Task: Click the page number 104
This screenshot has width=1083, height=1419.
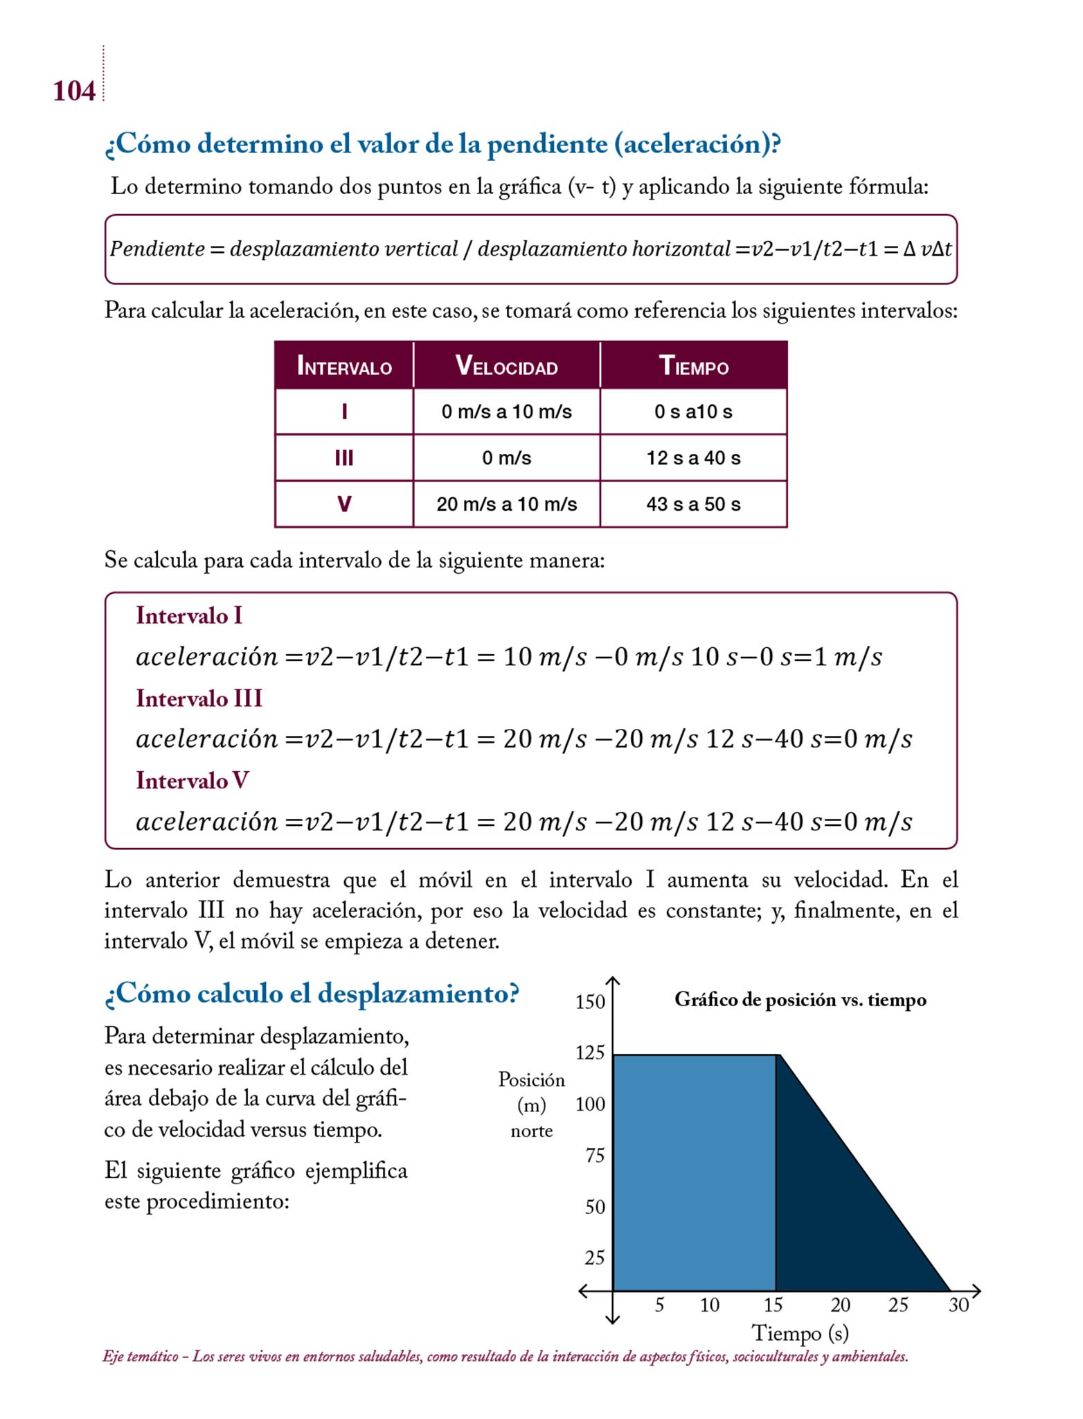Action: point(74,91)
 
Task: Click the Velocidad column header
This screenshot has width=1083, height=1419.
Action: point(506,366)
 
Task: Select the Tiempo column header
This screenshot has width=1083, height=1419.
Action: point(693,366)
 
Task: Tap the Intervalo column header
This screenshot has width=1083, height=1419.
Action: point(344,366)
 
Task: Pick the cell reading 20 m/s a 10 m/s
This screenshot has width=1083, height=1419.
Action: point(506,504)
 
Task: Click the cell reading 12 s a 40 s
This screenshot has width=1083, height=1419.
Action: point(693,458)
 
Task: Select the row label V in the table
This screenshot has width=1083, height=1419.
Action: point(344,504)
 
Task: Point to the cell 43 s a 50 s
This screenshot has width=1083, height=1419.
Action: point(693,504)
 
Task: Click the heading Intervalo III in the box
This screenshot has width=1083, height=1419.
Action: point(199,698)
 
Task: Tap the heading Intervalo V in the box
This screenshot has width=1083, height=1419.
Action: point(192,781)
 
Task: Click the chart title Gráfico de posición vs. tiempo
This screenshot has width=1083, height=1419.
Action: point(800,1000)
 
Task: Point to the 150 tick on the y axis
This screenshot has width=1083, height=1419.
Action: point(590,1002)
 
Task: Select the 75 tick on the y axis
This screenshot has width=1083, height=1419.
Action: point(595,1156)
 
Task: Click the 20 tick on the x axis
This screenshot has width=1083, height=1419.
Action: point(840,1305)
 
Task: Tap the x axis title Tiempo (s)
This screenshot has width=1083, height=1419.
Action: point(800,1333)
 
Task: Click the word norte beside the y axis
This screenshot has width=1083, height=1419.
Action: point(531,1131)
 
